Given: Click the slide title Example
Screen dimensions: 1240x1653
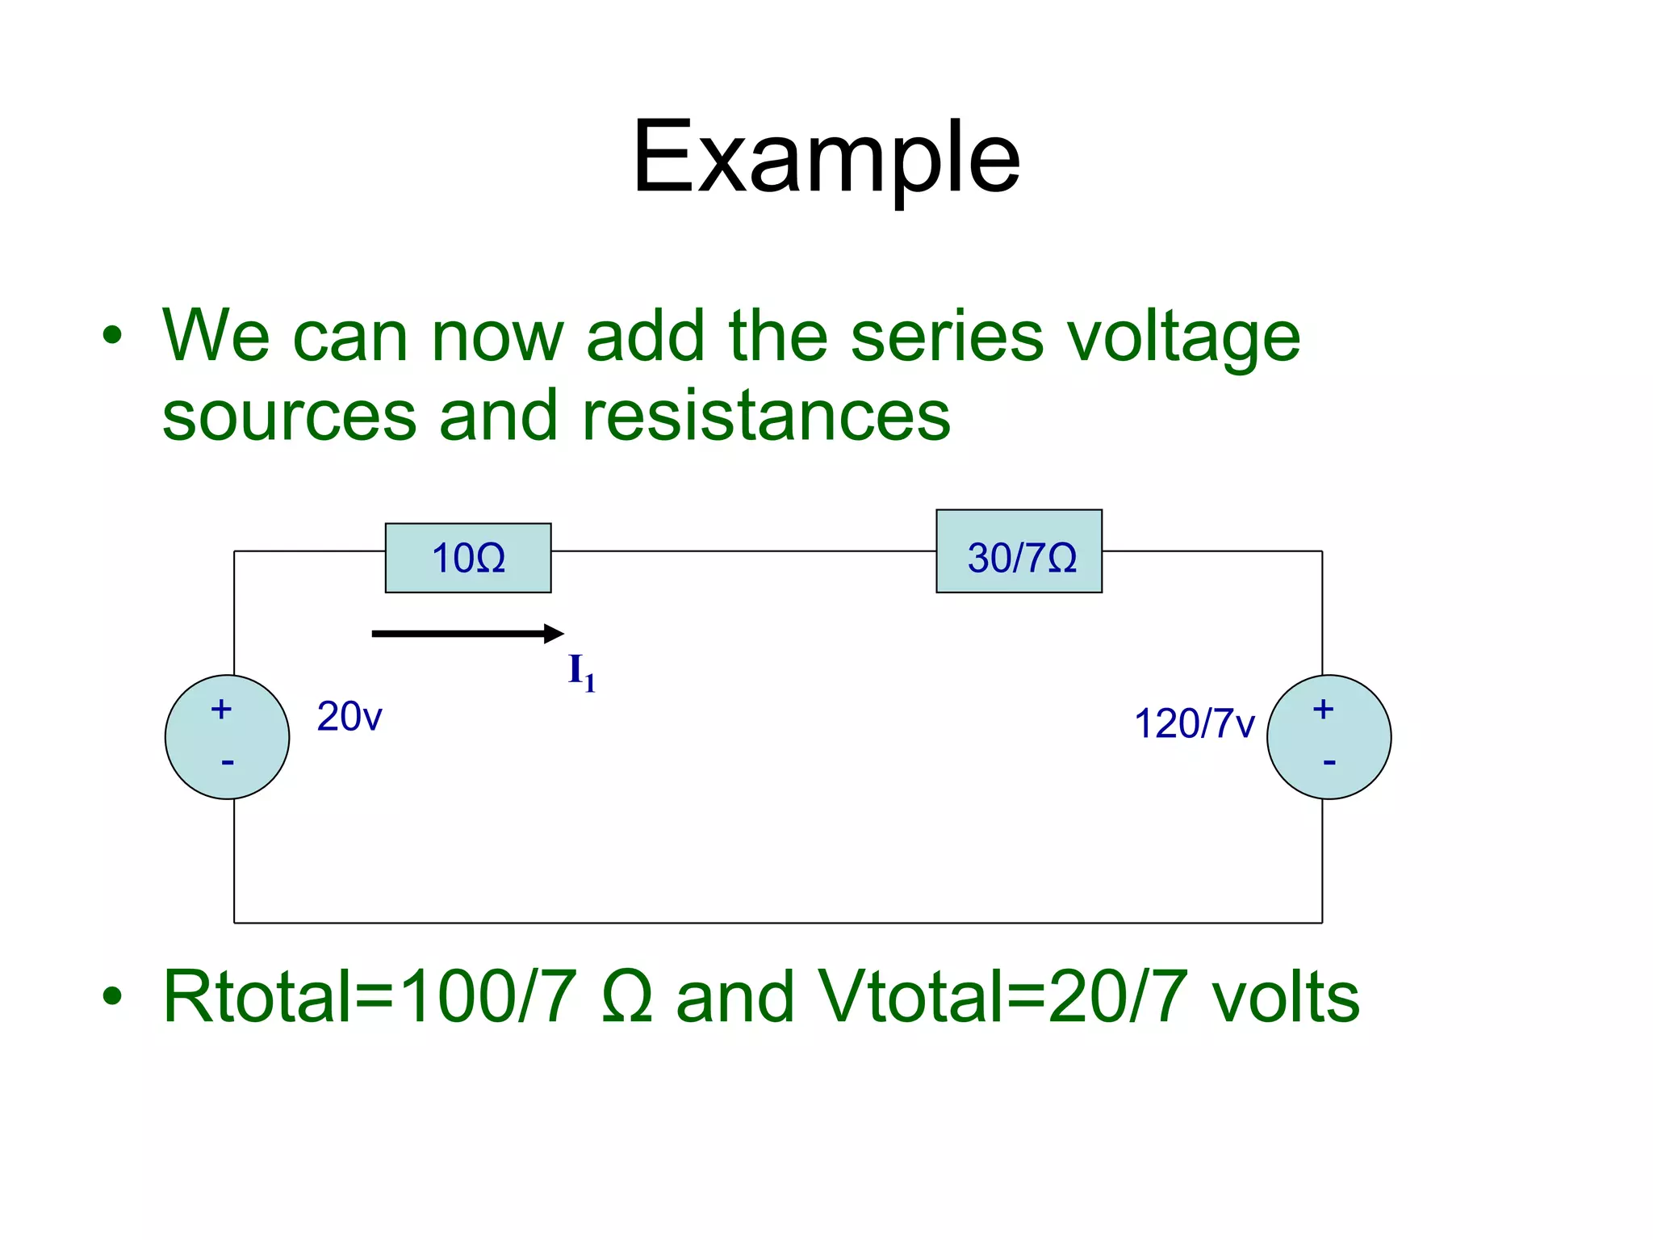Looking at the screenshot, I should [826, 157].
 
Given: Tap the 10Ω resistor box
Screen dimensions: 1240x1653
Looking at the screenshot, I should [468, 558].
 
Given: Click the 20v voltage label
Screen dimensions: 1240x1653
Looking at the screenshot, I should [349, 717].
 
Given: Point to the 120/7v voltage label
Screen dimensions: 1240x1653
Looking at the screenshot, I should [1194, 723].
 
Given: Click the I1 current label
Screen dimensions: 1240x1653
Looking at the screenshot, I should [581, 671].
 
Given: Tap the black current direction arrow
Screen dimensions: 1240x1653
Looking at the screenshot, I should [467, 634].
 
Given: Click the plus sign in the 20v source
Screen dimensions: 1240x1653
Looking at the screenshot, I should [221, 710].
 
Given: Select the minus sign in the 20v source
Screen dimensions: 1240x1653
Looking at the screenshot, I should [228, 762].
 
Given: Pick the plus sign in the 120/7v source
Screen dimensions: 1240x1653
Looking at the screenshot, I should [1323, 710].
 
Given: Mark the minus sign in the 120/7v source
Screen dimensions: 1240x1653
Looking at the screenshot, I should [1329, 762].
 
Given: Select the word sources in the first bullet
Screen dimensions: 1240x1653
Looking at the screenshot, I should [289, 417].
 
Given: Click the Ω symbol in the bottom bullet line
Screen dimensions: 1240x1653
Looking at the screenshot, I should [627, 997].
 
